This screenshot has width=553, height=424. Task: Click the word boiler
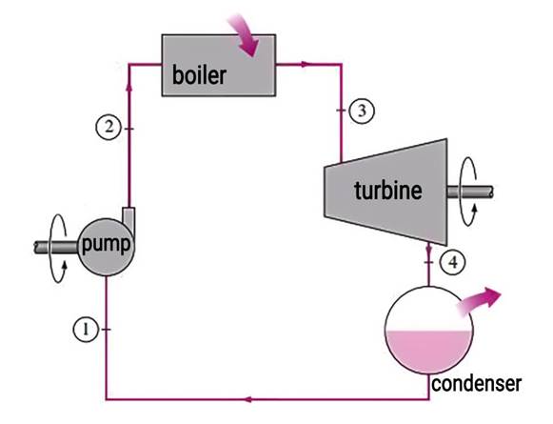tap(199, 75)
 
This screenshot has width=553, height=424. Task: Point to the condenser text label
tap(476, 384)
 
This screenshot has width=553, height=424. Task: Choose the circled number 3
tap(358, 110)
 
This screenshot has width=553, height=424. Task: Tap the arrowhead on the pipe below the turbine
tap(428, 251)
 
